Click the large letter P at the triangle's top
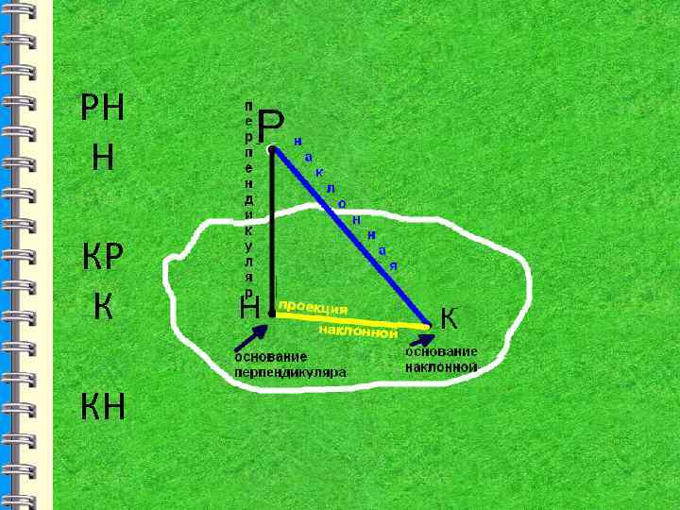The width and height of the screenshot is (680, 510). pyautogui.click(x=270, y=124)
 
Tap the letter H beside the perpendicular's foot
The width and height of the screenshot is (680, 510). pyautogui.click(x=250, y=307)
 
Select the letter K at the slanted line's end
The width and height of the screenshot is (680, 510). pyautogui.click(x=450, y=318)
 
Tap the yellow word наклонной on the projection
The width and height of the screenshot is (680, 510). pyautogui.click(x=358, y=331)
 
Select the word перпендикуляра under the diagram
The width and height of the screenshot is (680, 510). pyautogui.click(x=290, y=372)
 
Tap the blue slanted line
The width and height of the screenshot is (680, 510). pyautogui.click(x=349, y=235)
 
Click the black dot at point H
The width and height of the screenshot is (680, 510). pyautogui.click(x=272, y=313)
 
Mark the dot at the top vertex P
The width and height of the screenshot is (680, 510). pyautogui.click(x=272, y=148)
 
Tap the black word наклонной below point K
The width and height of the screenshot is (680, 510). pyautogui.click(x=441, y=366)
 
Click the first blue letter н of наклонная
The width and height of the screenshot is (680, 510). pyautogui.click(x=297, y=143)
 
